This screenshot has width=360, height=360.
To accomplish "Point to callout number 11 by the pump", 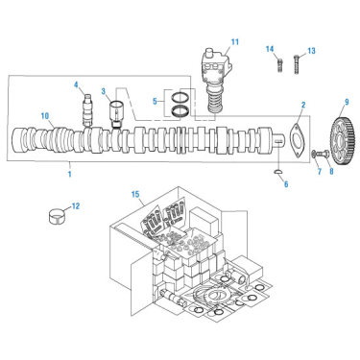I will click(x=234, y=40).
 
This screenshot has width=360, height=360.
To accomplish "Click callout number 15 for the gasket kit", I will click(x=136, y=195).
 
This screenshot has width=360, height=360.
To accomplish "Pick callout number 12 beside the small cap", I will click(x=77, y=204).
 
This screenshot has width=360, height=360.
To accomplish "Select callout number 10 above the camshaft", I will click(x=44, y=116).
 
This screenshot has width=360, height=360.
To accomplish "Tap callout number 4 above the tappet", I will click(x=76, y=84).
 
